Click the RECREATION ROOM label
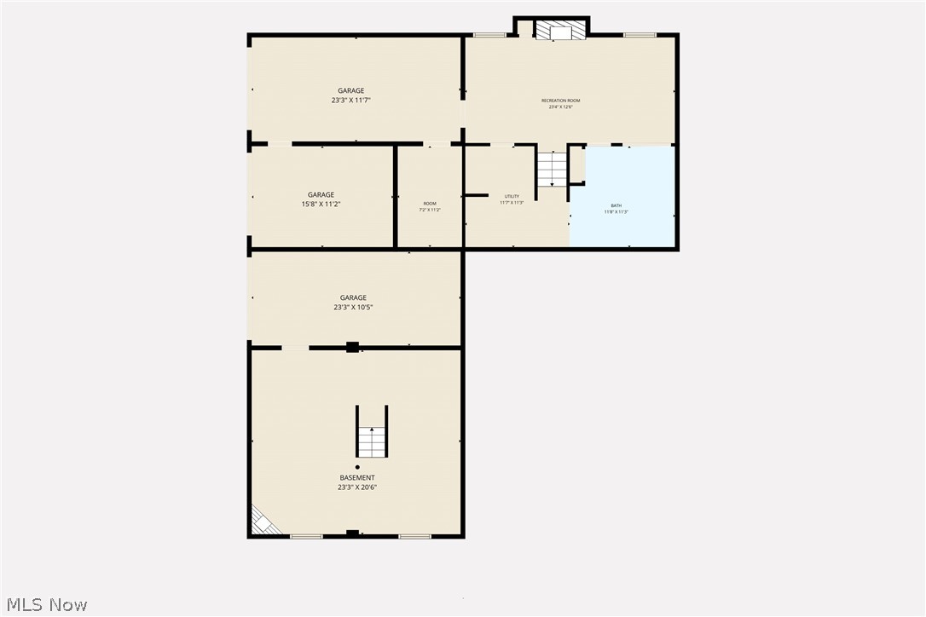pos(560,101)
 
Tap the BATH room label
pos(616,206)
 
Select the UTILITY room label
pos(512,197)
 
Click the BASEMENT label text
pos(357,478)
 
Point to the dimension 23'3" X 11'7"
pos(350,101)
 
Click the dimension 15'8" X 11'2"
pos(321,205)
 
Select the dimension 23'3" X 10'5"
pos(354,308)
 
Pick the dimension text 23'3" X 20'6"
pos(357,487)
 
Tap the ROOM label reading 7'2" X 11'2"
pos(430,208)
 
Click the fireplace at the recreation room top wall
pos(561,31)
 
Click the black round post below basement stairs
pos(357,467)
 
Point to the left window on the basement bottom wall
pos(306,536)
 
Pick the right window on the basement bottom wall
pos(414,536)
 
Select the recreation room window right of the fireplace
pos(640,35)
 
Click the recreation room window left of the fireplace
pos(489,35)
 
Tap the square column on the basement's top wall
pos(352,347)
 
